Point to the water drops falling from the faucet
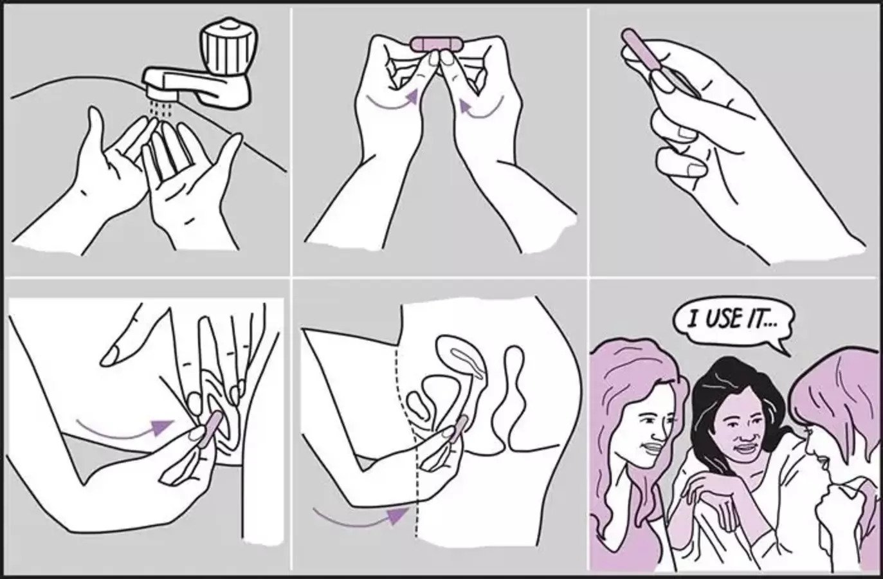point(161,109)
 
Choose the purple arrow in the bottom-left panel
point(125,430)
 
